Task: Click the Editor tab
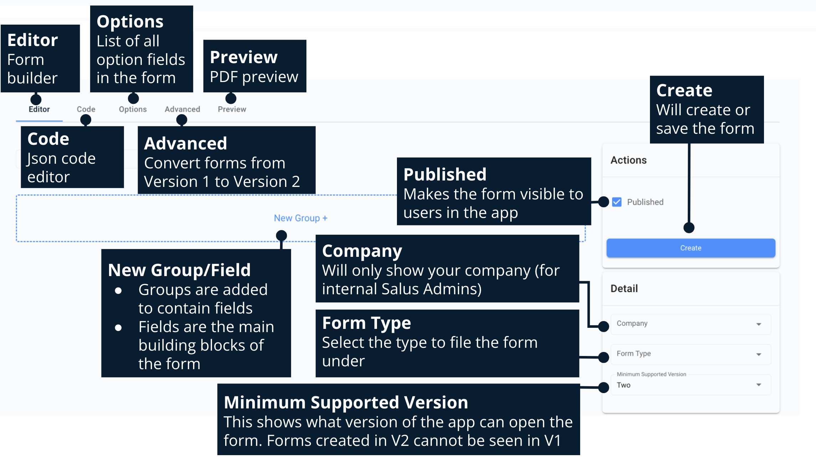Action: (39, 110)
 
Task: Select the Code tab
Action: (86, 110)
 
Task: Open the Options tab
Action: (133, 110)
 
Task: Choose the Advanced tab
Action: (182, 110)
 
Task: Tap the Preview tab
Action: (232, 110)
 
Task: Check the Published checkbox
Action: (617, 202)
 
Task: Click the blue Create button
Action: (691, 248)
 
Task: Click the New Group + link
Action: (300, 218)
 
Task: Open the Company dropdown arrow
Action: (759, 324)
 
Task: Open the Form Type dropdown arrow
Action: (759, 354)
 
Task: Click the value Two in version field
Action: (624, 385)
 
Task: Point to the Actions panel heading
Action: (629, 160)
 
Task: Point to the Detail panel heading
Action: (624, 289)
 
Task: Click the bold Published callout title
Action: (445, 174)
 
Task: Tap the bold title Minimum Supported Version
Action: (346, 402)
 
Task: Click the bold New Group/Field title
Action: (179, 270)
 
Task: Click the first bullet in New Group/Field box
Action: (118, 291)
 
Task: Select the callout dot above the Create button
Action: (689, 228)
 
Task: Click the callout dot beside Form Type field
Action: (603, 357)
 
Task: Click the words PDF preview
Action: (254, 77)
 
